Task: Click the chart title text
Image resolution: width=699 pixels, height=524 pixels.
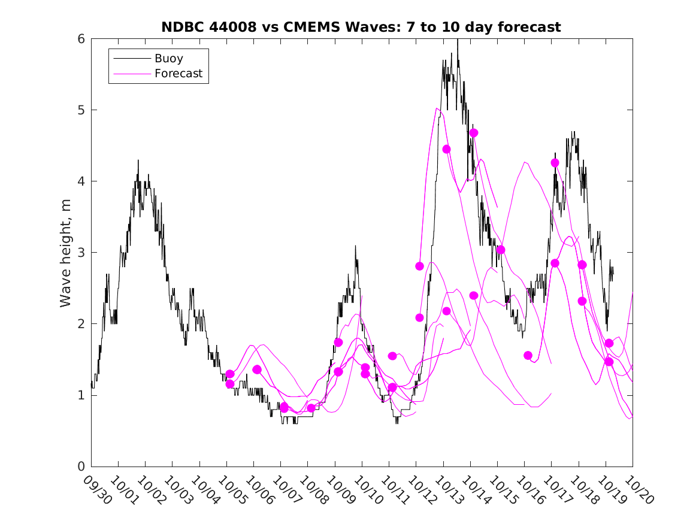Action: [361, 28]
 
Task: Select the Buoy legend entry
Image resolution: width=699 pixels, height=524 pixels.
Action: [169, 59]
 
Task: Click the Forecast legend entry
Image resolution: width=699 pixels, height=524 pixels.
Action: [178, 74]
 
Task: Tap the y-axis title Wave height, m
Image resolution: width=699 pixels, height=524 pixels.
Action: [66, 253]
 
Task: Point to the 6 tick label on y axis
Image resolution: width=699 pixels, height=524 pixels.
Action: [81, 39]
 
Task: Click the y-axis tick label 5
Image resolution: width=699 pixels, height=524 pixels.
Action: [81, 110]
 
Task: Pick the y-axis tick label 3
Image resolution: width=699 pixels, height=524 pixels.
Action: [81, 253]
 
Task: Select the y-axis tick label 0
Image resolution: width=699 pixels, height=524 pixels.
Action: [81, 467]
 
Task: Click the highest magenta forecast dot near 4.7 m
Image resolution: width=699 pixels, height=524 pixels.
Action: [474, 133]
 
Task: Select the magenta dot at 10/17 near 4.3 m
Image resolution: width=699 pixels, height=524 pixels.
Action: [555, 163]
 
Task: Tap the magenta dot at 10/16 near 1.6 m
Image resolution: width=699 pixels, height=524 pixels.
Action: [528, 355]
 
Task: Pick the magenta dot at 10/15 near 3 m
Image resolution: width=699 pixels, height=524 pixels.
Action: [501, 250]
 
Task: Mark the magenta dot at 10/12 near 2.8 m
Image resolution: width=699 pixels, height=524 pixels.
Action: [419, 266]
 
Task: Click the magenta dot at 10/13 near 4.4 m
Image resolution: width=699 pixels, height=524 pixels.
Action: [446, 149]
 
